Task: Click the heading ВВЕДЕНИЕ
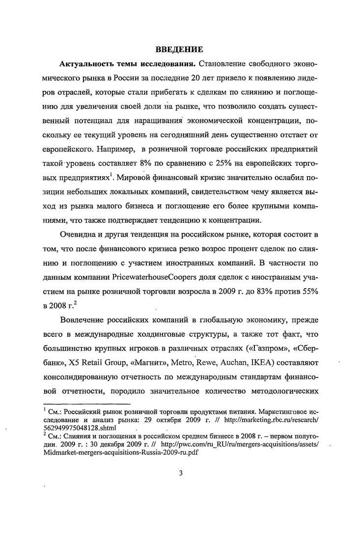[x=180, y=49]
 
